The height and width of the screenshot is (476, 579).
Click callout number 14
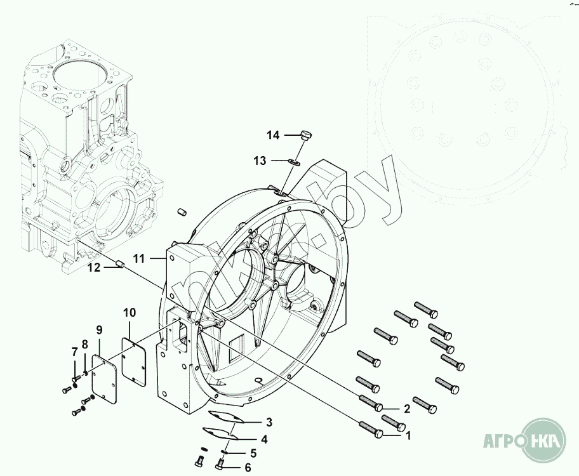(273, 135)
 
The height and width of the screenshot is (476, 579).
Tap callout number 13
(260, 161)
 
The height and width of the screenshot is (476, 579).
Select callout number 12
(94, 267)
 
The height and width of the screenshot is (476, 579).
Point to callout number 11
(140, 258)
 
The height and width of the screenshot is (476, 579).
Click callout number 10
(130, 312)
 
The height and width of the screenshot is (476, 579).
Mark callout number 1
(409, 436)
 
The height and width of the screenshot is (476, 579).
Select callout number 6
(248, 468)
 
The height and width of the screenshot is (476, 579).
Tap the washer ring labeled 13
(293, 162)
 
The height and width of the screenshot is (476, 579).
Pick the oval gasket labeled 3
(223, 417)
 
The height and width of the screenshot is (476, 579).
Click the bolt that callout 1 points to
(371, 429)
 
